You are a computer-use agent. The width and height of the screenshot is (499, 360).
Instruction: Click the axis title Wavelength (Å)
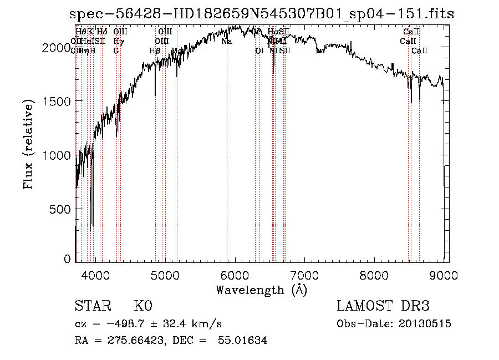pos(261,290)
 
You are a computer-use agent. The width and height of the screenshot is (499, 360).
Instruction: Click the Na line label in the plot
pos(227,42)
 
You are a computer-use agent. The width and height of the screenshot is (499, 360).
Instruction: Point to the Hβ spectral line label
pos(155,51)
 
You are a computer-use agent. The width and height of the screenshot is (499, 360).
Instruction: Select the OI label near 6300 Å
pos(259,51)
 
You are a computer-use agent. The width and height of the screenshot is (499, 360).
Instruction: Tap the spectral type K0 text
pos(142,306)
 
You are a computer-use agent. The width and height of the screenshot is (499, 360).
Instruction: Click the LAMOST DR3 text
pos(383,306)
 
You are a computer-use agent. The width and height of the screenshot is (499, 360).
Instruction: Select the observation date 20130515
pos(427,324)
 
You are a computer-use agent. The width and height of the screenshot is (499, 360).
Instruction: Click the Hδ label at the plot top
pos(101,32)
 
